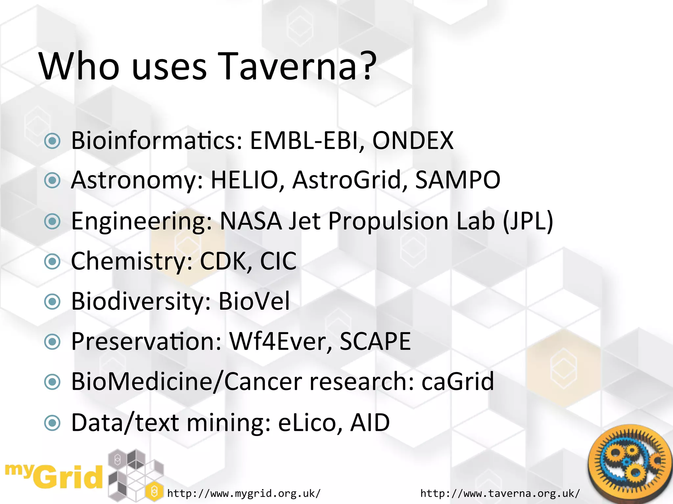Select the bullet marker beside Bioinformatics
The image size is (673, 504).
[x=53, y=141]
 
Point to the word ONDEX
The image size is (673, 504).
[x=413, y=140]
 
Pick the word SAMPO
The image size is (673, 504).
[x=458, y=180]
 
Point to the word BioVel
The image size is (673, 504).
[x=254, y=301]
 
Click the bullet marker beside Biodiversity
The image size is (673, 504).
[x=53, y=302]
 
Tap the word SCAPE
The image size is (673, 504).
[x=375, y=342]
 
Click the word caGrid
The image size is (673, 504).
[x=457, y=382]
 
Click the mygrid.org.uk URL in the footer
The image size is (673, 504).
[x=244, y=493]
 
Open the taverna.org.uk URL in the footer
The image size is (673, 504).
[x=500, y=493]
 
